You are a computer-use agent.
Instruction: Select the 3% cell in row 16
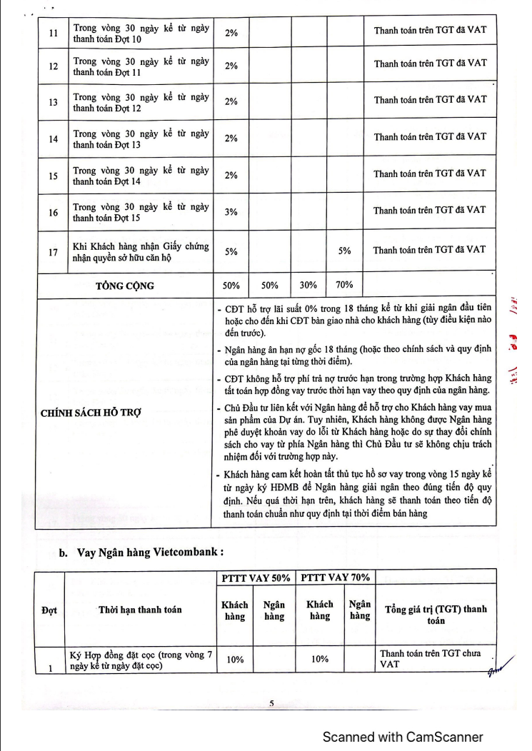(x=231, y=212)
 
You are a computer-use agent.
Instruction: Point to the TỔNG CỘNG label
(x=125, y=286)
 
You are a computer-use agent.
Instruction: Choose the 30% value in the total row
(x=308, y=285)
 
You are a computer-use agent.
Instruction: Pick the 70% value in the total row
(x=344, y=285)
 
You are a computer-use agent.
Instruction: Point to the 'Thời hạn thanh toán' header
(x=140, y=610)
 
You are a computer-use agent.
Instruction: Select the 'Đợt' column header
(x=49, y=610)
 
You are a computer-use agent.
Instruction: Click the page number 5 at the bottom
(x=271, y=703)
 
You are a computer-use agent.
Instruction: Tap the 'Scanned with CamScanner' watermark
(x=403, y=737)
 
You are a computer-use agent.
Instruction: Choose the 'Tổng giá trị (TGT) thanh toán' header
(x=436, y=615)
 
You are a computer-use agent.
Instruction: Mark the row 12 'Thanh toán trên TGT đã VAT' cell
(x=430, y=63)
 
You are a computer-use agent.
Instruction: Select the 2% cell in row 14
(x=231, y=139)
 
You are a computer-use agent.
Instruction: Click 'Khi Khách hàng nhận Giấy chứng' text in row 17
(x=141, y=246)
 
